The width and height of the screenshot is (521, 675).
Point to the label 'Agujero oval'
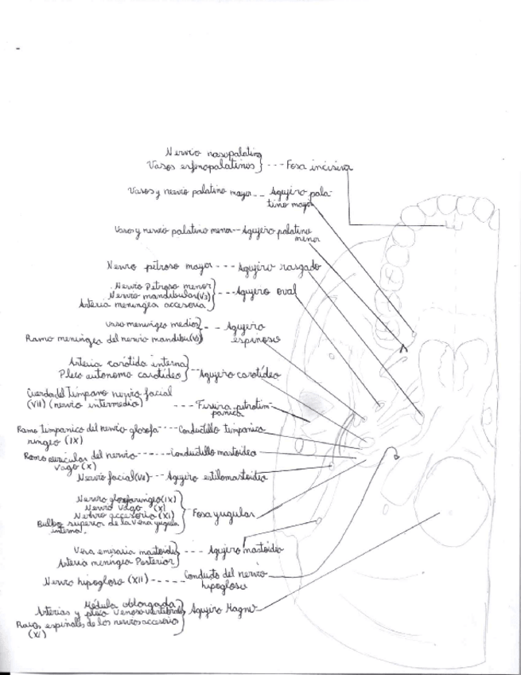coord(266,293)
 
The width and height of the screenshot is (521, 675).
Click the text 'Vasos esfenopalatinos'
coord(202,166)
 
